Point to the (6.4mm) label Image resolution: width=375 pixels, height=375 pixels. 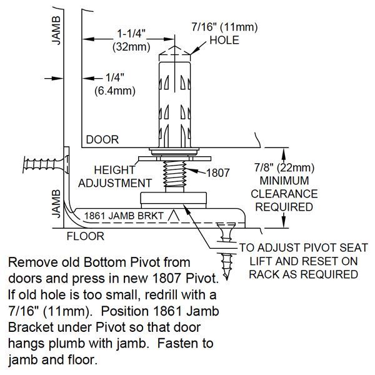click(112, 91)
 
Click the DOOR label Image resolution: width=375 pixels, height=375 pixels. click(102, 139)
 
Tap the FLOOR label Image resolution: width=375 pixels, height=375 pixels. click(86, 237)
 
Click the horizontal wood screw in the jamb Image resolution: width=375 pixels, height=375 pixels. click(44, 166)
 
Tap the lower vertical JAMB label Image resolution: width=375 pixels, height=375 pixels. click(56, 202)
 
